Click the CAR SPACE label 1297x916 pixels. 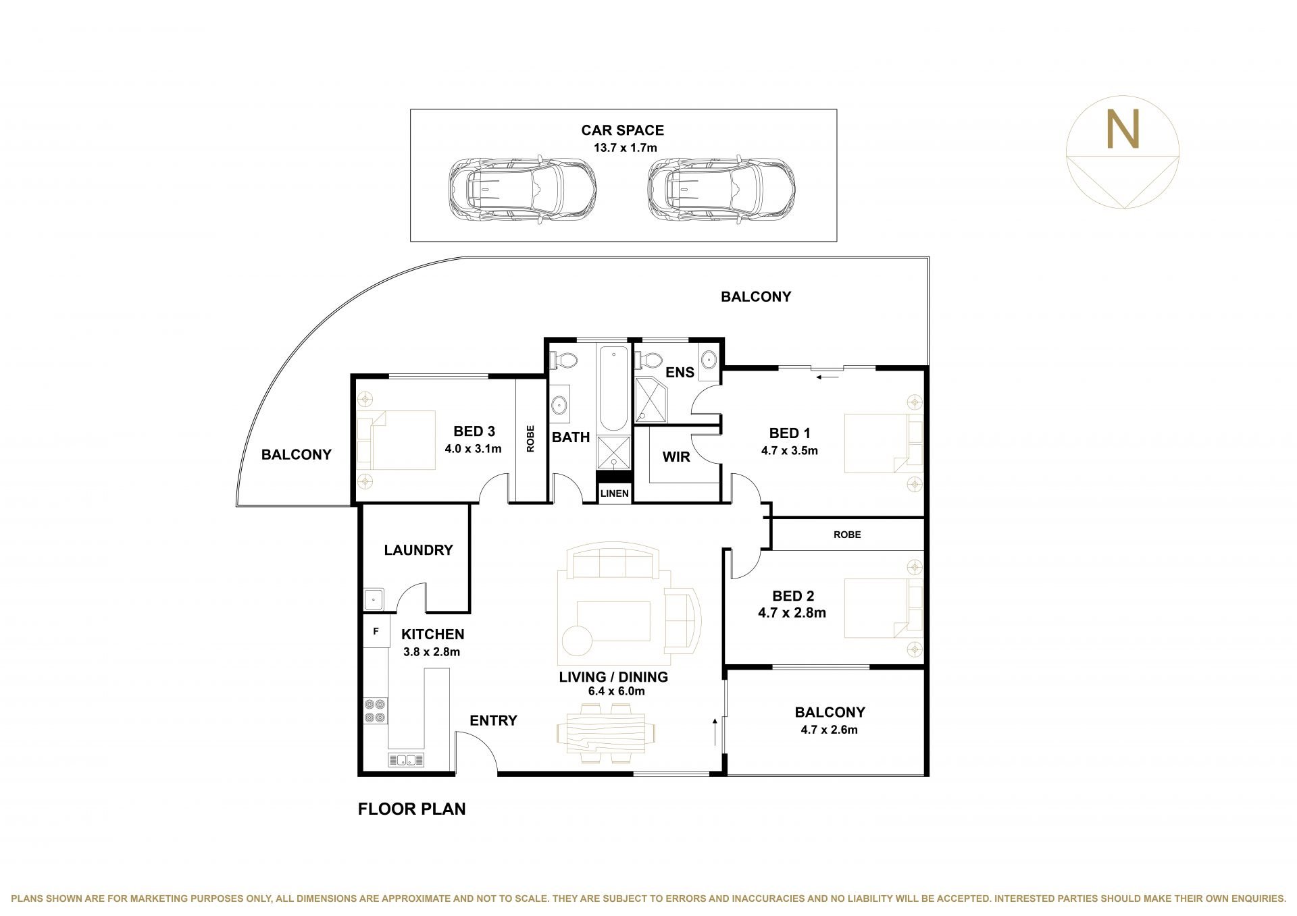[x=622, y=130]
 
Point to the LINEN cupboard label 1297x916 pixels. [x=614, y=493]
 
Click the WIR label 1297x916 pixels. [x=676, y=457]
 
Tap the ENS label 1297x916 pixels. [x=680, y=373]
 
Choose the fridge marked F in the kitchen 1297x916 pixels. [x=376, y=632]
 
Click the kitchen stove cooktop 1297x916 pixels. [x=376, y=710]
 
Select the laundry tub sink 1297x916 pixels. [x=374, y=599]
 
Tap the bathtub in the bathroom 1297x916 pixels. [x=613, y=389]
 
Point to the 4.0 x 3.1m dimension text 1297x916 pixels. [x=473, y=448]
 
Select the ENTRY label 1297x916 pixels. [x=494, y=720]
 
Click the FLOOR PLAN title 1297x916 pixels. [x=412, y=809]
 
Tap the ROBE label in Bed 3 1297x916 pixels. [x=530, y=439]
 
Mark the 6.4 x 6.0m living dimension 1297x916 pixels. [x=611, y=691]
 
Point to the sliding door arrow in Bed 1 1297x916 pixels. [x=827, y=377]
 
